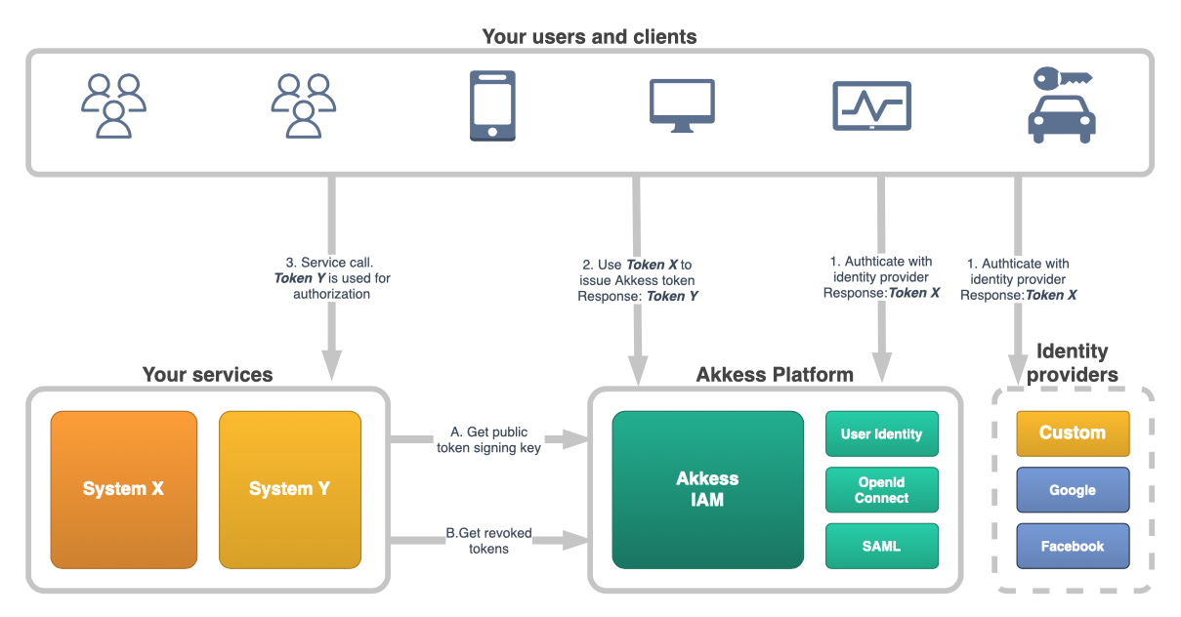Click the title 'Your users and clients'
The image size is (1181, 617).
click(x=589, y=37)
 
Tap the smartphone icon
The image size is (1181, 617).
click(x=492, y=106)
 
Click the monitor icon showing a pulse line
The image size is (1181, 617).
click(x=871, y=105)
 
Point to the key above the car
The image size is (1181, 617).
click(x=1063, y=77)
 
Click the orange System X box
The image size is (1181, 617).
click(x=123, y=489)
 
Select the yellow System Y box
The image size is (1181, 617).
click(x=289, y=489)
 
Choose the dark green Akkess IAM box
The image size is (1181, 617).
click(x=707, y=489)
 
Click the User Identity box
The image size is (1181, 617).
click(x=881, y=433)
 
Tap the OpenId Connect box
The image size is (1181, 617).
click(x=881, y=490)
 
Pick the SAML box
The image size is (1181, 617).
click(x=881, y=546)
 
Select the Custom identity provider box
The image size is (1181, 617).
click(x=1072, y=432)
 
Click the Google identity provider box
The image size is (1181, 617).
click(x=1072, y=490)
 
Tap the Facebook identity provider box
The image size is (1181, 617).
click(x=1072, y=546)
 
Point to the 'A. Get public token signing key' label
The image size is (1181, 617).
click(x=487, y=440)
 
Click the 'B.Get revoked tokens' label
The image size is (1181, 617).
click(x=488, y=541)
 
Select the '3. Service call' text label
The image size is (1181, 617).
click(x=331, y=278)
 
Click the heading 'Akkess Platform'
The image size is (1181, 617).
click(x=775, y=375)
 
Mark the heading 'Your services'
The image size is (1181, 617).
click(x=207, y=375)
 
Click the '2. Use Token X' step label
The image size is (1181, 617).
click(x=637, y=280)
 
